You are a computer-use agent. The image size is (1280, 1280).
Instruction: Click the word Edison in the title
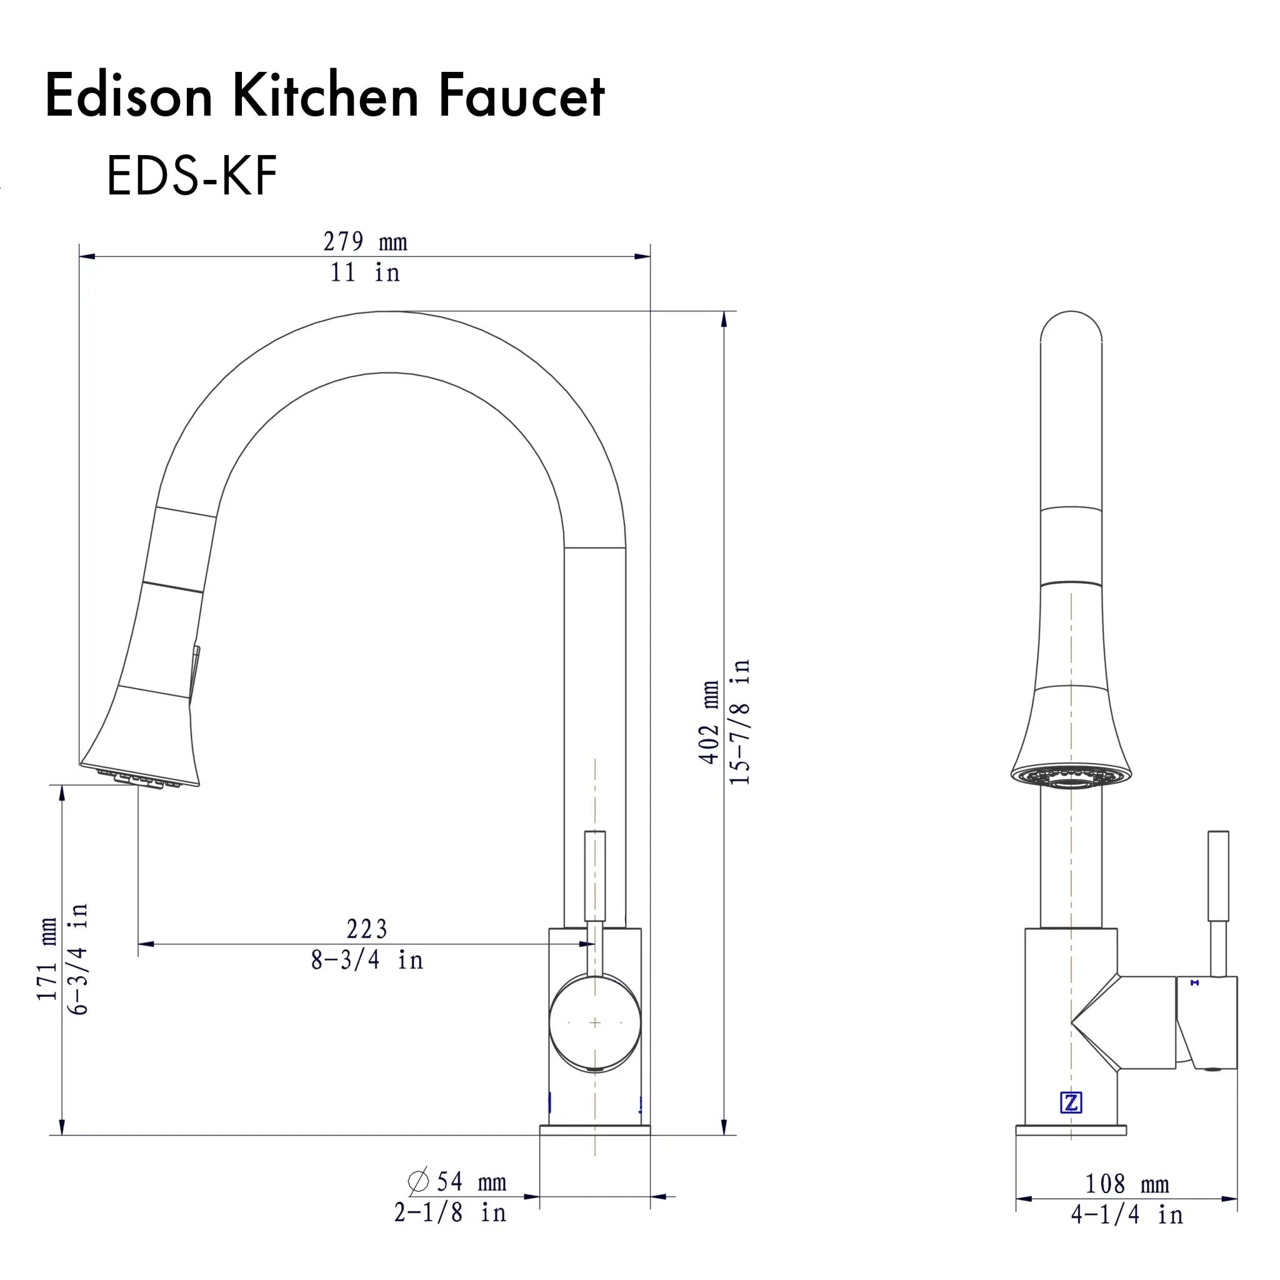tap(129, 97)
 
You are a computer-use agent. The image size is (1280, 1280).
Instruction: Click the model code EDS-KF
tap(191, 176)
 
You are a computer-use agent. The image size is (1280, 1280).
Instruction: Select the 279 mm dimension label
tap(365, 242)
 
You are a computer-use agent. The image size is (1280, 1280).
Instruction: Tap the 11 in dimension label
tap(365, 273)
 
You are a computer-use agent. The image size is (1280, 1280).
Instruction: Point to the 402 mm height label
tap(709, 721)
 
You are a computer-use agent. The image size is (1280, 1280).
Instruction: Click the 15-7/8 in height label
tap(739, 721)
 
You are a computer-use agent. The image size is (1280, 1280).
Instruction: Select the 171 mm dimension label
tap(47, 959)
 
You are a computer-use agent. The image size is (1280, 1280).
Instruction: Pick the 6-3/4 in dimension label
tap(78, 959)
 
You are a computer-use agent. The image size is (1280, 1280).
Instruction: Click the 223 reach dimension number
tap(366, 929)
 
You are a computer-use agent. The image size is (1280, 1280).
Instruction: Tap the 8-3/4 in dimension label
tap(366, 960)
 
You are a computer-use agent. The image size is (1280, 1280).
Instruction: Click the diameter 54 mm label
tap(457, 1181)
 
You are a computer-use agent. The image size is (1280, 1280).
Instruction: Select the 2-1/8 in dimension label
tap(450, 1212)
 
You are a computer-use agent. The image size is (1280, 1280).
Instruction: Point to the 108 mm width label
tap(1126, 1184)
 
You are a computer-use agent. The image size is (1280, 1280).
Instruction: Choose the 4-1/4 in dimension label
tap(1126, 1214)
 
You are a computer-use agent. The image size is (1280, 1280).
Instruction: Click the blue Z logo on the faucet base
tap(1071, 1102)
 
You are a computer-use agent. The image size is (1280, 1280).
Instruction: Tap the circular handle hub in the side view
tap(595, 1023)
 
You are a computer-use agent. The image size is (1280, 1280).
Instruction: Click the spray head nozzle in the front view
tap(1071, 776)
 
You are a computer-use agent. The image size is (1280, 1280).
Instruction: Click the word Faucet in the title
tap(521, 97)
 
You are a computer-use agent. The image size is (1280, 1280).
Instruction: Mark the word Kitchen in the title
tap(324, 97)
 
